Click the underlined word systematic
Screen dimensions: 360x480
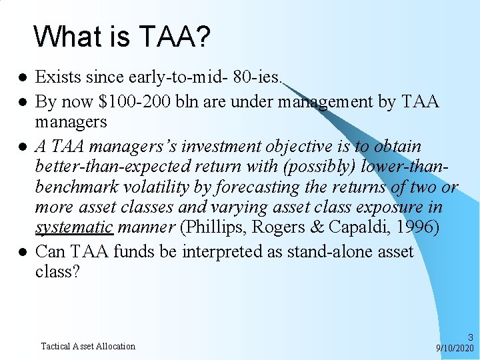73,227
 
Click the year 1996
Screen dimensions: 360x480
419,227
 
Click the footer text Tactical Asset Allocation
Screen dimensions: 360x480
88,346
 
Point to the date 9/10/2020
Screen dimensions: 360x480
455,348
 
